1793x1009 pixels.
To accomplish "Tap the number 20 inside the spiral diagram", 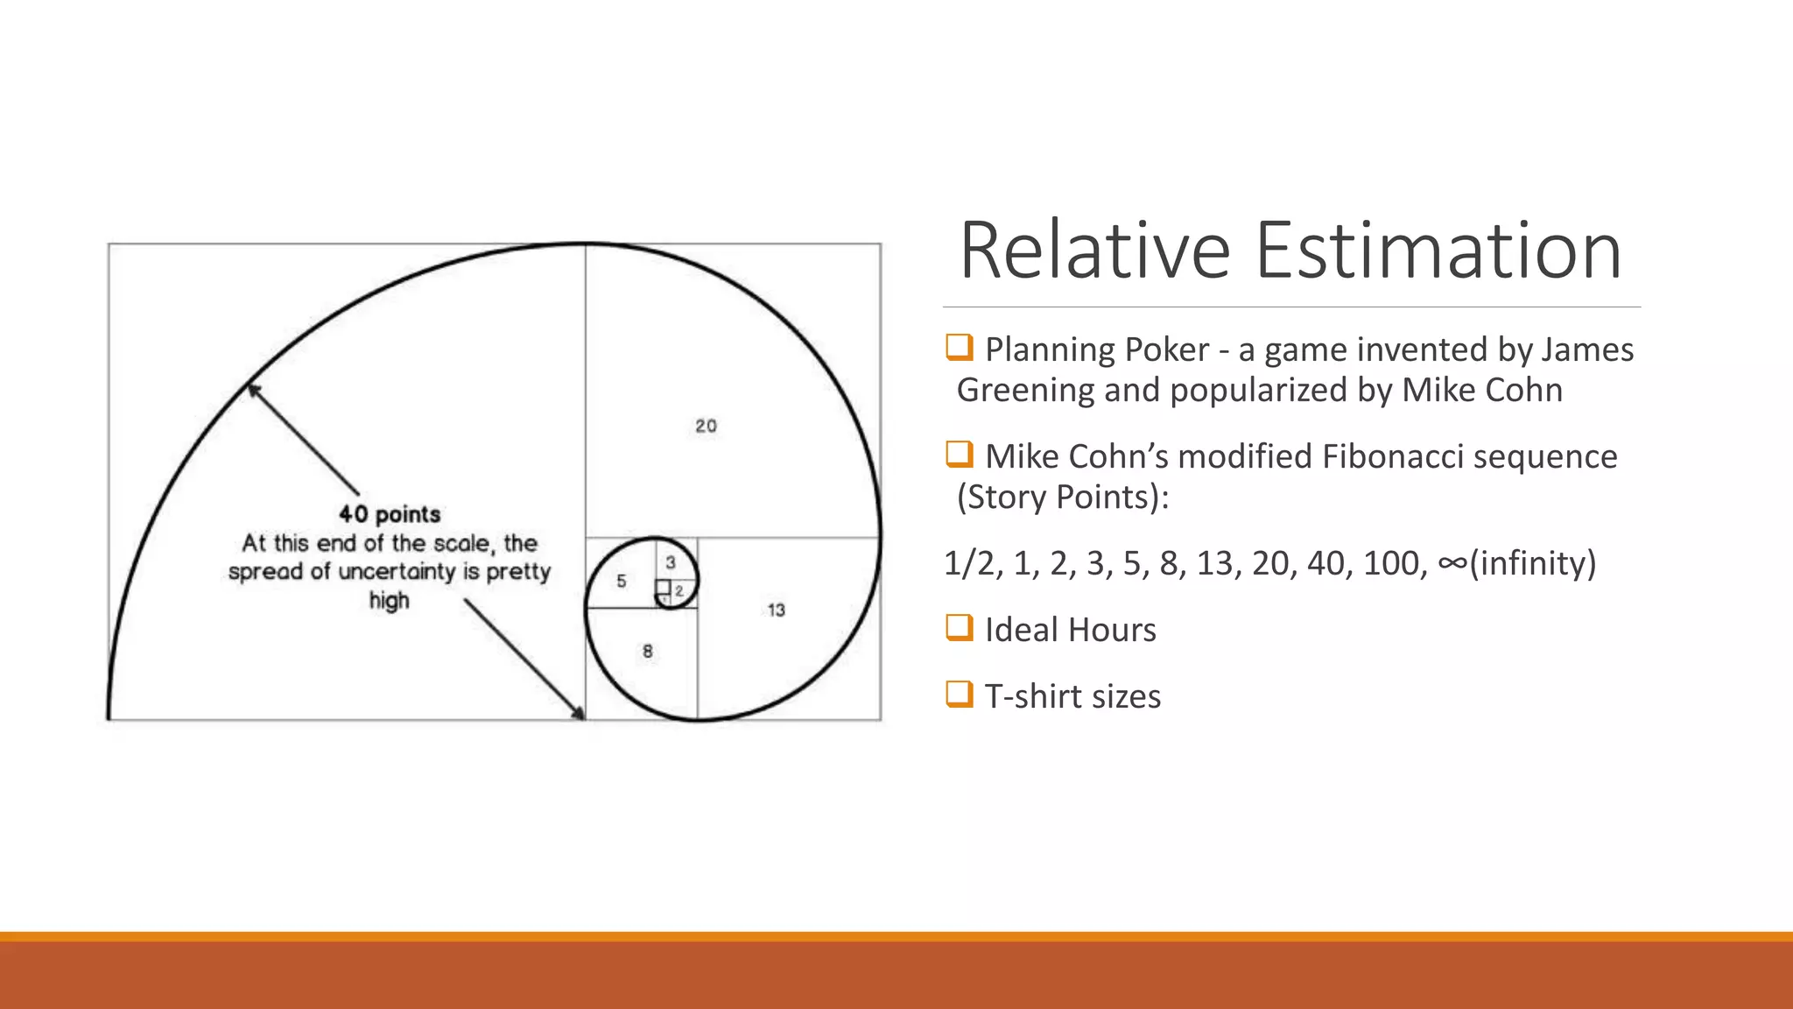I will pos(706,427).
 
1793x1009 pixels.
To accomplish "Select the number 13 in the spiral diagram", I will pos(776,610).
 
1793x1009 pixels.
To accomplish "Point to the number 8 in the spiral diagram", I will pos(647,652).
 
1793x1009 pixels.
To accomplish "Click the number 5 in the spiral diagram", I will pos(621,581).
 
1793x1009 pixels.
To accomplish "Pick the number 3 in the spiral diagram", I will pos(671,562).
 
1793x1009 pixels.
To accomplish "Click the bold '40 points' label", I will pos(390,514).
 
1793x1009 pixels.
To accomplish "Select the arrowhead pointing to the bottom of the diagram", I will pos(579,714).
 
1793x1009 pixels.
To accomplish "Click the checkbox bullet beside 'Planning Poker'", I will pos(960,348).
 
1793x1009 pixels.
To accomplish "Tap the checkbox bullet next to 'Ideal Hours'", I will pos(960,628).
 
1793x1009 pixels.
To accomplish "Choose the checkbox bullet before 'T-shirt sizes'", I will pos(960,695).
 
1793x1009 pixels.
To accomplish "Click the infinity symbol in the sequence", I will pos(1452,563).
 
